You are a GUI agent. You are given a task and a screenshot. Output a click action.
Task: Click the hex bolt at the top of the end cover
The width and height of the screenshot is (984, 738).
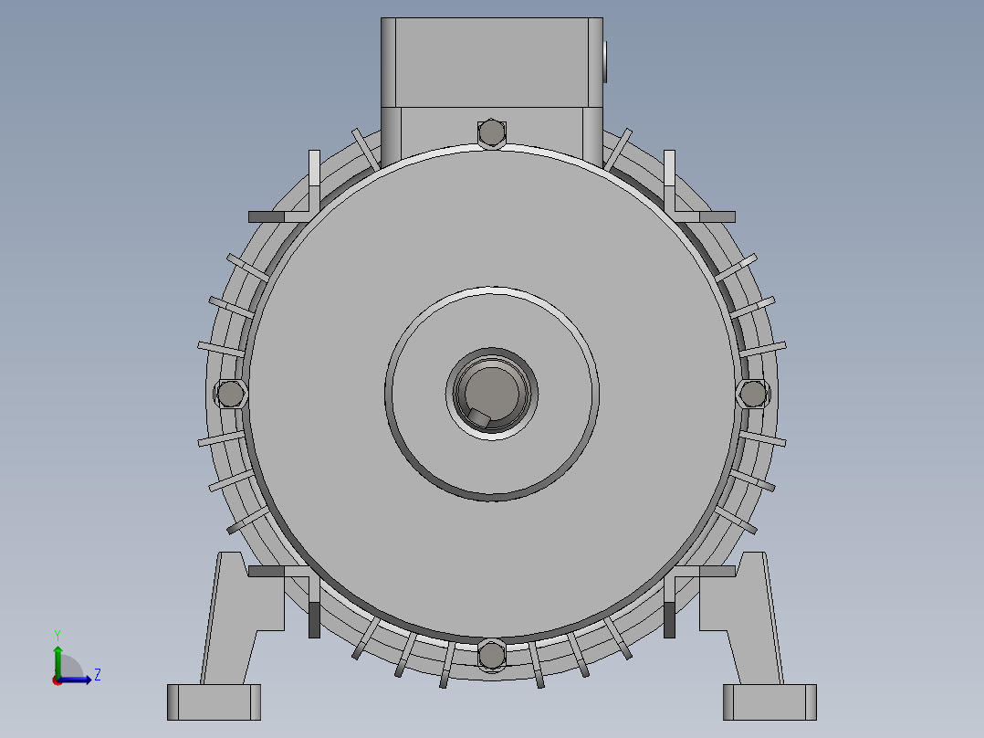pyautogui.click(x=491, y=133)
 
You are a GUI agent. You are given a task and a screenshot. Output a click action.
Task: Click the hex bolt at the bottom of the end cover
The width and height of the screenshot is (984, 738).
pyautogui.click(x=491, y=656)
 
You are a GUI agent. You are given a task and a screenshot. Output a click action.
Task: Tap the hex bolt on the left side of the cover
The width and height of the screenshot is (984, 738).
pyautogui.click(x=230, y=394)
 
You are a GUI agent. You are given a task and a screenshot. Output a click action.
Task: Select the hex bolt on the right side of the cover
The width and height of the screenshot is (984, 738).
pyautogui.click(x=752, y=394)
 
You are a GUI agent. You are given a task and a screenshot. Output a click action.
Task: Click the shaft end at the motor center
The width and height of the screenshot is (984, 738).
pyautogui.click(x=491, y=394)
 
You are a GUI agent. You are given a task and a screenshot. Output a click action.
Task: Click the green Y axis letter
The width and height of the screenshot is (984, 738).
pyautogui.click(x=58, y=636)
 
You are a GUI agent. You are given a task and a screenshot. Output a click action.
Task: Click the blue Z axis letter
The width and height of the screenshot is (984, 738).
pyautogui.click(x=98, y=675)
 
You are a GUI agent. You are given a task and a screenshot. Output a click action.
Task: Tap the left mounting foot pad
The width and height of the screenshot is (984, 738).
pyautogui.click(x=214, y=702)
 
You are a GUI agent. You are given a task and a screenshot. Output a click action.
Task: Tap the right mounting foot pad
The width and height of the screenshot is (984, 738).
pyautogui.click(x=769, y=702)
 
